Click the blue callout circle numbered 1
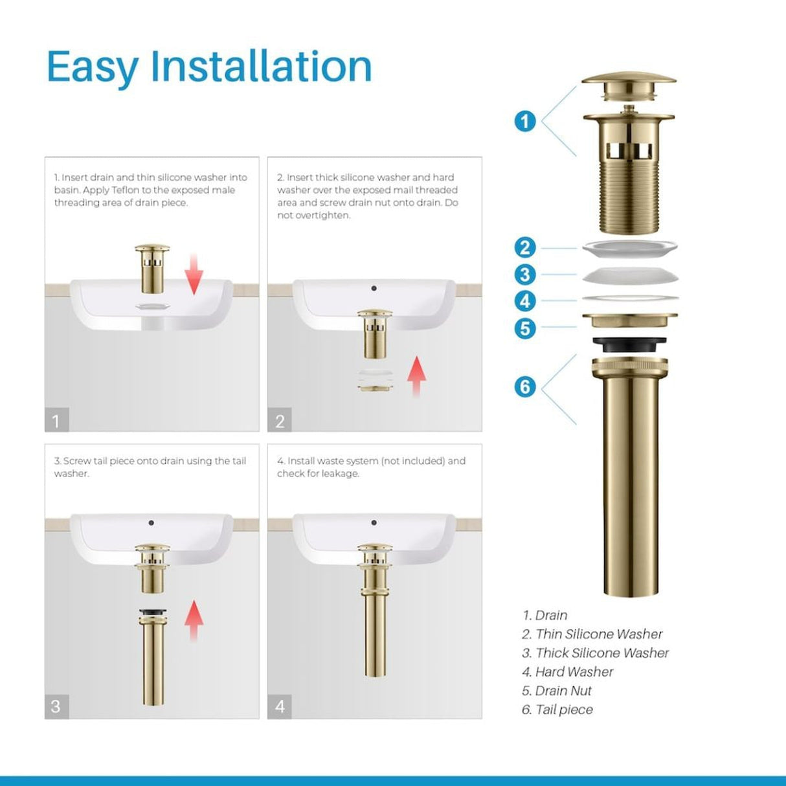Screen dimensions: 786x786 [525, 121]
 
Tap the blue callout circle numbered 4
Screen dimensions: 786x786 [525, 301]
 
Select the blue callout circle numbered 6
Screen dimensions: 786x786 [525, 387]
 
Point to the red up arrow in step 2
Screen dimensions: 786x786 [416, 376]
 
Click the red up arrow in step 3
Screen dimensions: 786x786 [194, 620]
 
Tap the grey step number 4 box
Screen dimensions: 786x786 [280, 706]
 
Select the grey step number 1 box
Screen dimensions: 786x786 [56, 421]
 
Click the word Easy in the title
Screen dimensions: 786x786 [93, 67]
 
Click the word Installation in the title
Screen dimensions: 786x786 [261, 66]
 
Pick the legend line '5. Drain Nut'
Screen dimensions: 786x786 [557, 691]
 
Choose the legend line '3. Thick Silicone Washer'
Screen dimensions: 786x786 [595, 653]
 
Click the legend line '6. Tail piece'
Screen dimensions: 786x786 [557, 710]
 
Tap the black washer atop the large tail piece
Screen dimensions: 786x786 [629, 344]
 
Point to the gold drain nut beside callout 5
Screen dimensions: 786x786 [629, 320]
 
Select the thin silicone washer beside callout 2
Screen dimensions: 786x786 [629, 247]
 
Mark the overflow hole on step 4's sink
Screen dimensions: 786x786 [374, 522]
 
